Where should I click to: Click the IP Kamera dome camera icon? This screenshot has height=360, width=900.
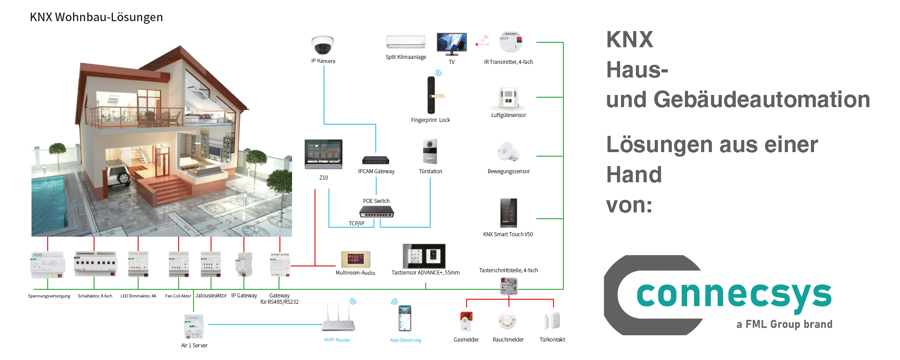(x=323, y=45)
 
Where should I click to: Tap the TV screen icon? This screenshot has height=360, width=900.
(x=451, y=43)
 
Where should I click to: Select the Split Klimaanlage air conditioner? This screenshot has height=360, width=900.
(x=405, y=42)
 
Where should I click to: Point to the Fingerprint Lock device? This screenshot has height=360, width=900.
(x=432, y=95)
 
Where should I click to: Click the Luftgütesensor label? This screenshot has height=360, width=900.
(x=508, y=115)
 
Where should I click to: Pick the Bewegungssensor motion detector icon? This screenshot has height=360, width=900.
(x=508, y=152)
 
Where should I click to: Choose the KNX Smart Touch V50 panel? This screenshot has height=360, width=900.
(x=508, y=213)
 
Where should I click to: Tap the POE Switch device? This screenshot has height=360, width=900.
(x=376, y=211)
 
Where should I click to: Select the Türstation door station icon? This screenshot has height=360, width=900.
(x=430, y=152)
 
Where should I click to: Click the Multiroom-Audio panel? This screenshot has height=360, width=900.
(x=355, y=260)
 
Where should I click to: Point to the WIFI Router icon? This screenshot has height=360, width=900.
(x=338, y=320)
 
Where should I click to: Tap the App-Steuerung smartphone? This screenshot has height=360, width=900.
(x=405, y=318)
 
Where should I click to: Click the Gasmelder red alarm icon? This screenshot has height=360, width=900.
(x=466, y=321)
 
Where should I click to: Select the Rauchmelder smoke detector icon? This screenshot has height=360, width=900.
(x=508, y=320)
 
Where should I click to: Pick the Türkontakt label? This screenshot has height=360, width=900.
(x=552, y=340)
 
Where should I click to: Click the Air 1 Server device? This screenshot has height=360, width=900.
(x=194, y=327)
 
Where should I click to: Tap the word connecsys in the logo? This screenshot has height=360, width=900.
(x=733, y=295)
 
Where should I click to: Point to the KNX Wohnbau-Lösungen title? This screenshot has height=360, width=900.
(x=96, y=17)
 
